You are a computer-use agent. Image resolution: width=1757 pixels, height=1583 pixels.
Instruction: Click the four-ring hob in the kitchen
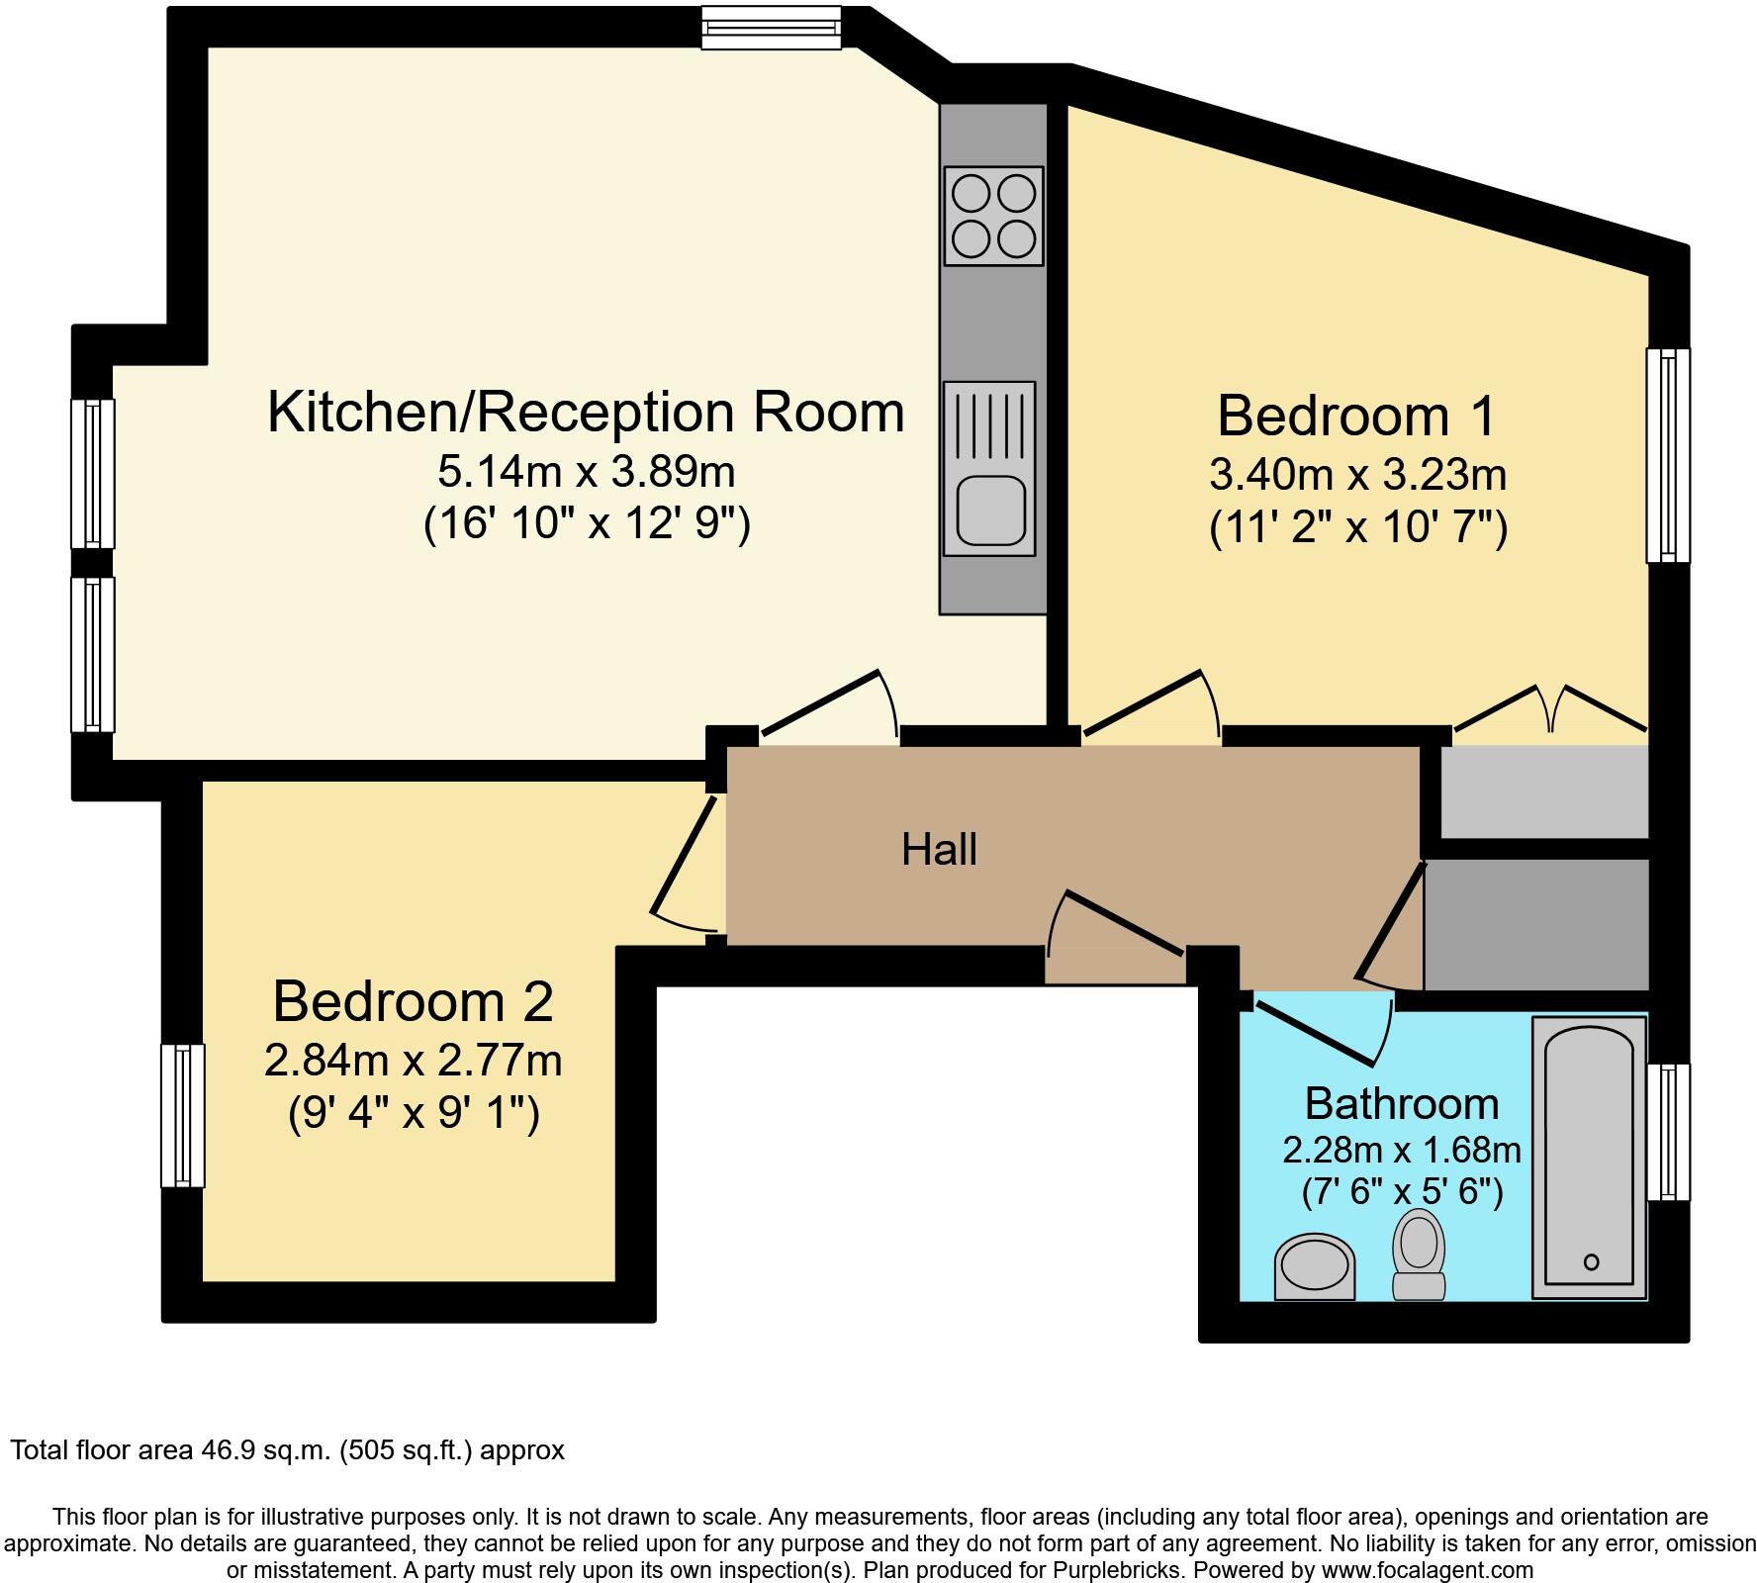(993, 216)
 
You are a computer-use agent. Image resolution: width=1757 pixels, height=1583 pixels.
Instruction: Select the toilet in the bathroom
(1419, 1256)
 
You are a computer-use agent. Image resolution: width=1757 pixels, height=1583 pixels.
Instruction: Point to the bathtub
(1590, 1156)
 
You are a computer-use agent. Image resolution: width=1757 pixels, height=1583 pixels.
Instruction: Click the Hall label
(939, 850)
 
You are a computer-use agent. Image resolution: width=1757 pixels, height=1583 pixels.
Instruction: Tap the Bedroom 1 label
(1356, 416)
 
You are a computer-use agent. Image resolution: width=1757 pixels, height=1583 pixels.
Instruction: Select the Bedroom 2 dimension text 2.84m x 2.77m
(413, 1061)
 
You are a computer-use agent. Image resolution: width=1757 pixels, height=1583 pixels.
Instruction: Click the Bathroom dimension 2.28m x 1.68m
(1401, 1150)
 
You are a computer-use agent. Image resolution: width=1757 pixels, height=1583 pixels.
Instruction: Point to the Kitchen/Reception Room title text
(586, 412)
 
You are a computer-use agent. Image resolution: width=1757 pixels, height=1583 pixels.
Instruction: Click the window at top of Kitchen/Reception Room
(772, 27)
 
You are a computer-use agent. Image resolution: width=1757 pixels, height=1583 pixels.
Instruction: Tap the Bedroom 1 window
(1668, 455)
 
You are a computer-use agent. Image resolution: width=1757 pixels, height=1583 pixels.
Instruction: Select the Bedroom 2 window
(183, 1115)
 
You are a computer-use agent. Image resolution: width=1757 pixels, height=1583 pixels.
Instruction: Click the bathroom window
(1668, 1132)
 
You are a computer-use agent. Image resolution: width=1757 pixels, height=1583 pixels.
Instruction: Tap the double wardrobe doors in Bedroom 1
(1550, 707)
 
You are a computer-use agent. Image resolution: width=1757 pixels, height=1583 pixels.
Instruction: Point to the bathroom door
(1316, 1033)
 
